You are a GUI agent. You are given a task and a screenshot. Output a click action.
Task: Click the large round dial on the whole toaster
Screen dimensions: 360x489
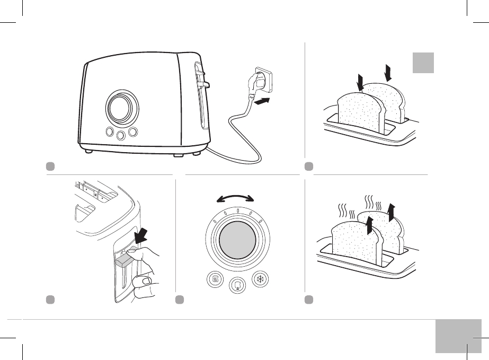tap(121, 108)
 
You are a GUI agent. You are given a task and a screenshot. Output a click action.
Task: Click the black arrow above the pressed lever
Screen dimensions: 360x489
tap(144, 237)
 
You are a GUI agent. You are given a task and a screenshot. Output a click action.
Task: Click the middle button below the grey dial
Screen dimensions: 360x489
tap(237, 286)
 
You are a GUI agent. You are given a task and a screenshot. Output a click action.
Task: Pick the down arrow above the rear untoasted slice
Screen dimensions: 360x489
tap(388, 73)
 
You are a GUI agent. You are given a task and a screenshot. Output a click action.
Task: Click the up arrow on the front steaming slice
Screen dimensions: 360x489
tap(369, 225)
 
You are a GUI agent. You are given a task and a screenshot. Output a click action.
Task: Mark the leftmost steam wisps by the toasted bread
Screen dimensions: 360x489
tap(342, 212)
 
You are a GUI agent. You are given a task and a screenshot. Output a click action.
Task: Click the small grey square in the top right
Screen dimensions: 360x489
tap(423, 63)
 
